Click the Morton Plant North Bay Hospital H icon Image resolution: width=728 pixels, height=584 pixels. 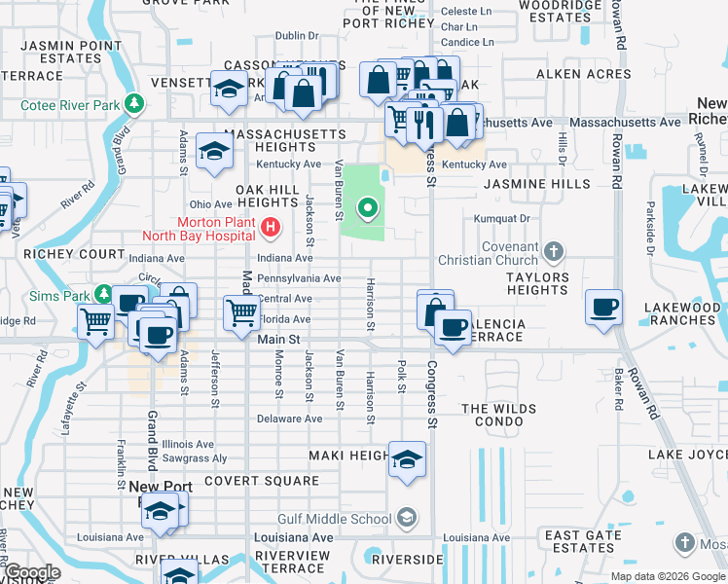pyautogui.click(x=271, y=228)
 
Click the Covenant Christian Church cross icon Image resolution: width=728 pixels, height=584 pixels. pyautogui.click(x=553, y=252)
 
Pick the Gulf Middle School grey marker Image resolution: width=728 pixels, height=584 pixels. pyautogui.click(x=407, y=519)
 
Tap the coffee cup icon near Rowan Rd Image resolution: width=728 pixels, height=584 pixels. pyautogui.click(x=603, y=307)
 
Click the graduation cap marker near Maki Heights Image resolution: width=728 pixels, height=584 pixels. pyautogui.click(x=407, y=459)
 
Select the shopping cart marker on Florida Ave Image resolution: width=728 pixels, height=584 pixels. pyautogui.click(x=241, y=312)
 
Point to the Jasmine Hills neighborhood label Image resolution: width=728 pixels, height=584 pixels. pyautogui.click(x=536, y=183)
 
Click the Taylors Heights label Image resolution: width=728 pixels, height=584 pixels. pyautogui.click(x=529, y=283)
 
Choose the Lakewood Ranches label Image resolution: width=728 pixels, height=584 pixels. pyautogui.click(x=681, y=313)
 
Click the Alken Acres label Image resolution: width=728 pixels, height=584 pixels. pyautogui.click(x=568, y=74)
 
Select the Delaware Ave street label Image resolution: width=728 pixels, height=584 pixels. pyautogui.click(x=289, y=419)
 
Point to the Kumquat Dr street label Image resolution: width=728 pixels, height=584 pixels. pyautogui.click(x=502, y=219)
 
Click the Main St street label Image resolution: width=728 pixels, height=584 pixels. pyautogui.click(x=278, y=339)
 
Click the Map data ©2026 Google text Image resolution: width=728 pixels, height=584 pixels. pyautogui.click(x=667, y=576)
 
